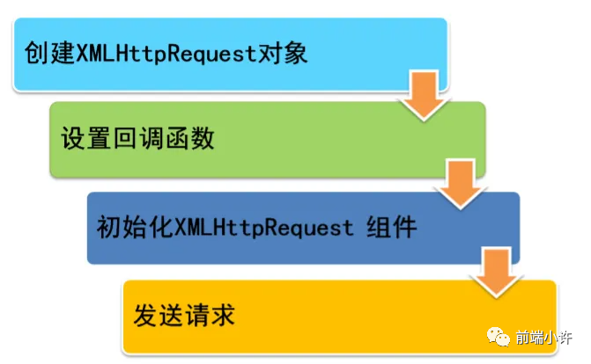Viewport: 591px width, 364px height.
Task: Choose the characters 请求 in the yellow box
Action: tap(211, 314)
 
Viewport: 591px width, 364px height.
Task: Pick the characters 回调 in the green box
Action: tap(137, 139)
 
